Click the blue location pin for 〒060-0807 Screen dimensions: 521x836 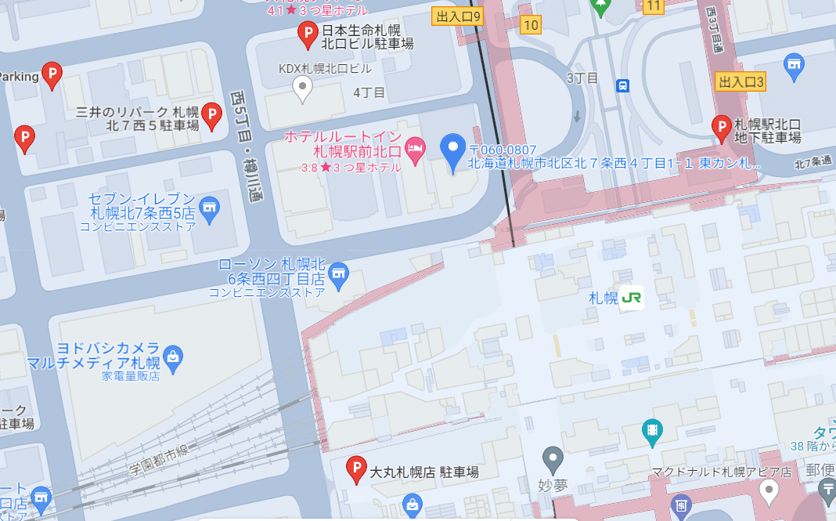click(453, 151)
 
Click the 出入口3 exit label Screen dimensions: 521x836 click(741, 81)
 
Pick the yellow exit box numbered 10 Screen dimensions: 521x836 click(531, 25)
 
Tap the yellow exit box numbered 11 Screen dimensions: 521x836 click(654, 7)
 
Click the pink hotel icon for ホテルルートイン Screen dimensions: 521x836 click(416, 148)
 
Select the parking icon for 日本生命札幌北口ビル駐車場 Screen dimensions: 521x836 click(307, 34)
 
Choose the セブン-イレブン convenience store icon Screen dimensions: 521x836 click(208, 208)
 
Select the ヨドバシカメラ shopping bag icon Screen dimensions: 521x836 click(173, 357)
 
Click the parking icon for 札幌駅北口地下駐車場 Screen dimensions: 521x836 click(721, 127)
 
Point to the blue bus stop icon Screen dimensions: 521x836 click(622, 85)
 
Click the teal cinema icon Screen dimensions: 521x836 click(651, 430)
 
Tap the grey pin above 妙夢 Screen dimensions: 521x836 click(553, 458)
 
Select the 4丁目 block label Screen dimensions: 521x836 click(369, 92)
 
